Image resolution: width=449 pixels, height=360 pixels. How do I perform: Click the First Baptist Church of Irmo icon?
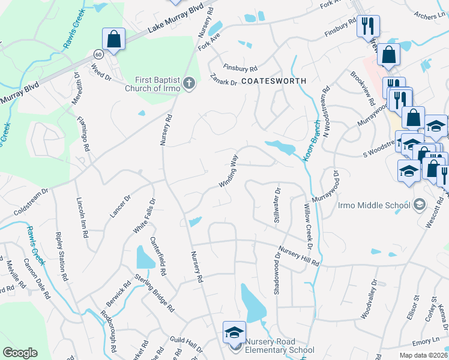coord(188,83)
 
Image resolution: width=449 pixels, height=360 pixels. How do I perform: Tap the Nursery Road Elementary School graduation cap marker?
coord(234,331)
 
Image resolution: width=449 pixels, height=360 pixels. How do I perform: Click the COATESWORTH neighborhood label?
coord(274,80)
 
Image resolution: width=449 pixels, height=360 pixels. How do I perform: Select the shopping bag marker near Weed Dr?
coord(113,40)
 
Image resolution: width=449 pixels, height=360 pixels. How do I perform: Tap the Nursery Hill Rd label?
coord(298,256)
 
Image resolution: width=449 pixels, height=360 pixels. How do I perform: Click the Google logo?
coord(20,353)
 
